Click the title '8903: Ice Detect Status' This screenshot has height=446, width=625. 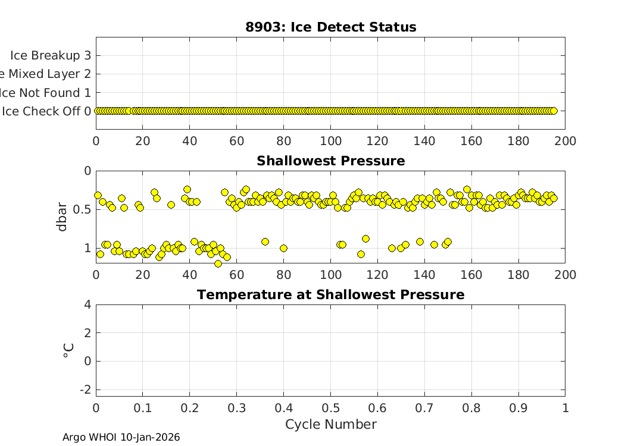coord(330,27)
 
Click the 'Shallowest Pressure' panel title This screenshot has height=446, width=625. coord(330,161)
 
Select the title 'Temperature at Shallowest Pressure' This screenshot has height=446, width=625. coord(330,295)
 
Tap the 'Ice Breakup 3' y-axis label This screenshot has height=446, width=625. coord(51,55)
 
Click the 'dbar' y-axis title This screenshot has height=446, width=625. coord(62,217)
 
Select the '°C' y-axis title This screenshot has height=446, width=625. coord(68,350)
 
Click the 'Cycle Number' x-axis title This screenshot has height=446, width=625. coord(330,425)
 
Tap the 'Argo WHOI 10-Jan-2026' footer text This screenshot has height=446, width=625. coord(121,438)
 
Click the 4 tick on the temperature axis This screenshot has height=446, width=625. coord(87,304)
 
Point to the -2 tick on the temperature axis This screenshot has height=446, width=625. coord(85,390)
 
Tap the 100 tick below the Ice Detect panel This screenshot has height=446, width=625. coord(330,141)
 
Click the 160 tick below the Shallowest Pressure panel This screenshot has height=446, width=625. coord(471,275)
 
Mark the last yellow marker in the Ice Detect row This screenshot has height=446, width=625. coord(554,111)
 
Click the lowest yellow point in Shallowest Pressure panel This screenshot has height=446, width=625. coord(218,263)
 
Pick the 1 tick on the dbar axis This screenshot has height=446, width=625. coord(87,248)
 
